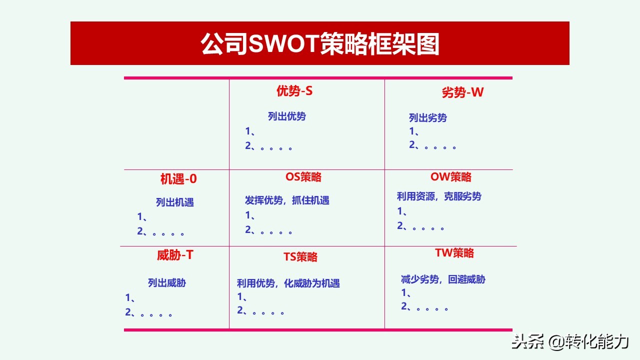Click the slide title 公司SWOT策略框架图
coord(320,44)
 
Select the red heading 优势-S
coord(294,91)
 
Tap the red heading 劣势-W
coord(462,92)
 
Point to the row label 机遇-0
coord(178,179)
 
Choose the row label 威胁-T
coord(175,255)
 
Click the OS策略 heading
coord(303,177)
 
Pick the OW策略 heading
coord(451,177)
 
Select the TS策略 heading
coord(300,257)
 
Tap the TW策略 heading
coord(454,253)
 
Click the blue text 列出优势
coord(287,116)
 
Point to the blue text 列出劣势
coord(428,118)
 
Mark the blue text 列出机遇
coord(175,202)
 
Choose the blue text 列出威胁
coord(167,283)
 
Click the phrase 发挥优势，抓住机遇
coord(287,200)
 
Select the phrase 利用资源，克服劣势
coord(439,196)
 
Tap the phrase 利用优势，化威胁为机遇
coord(288,283)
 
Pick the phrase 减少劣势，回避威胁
coord(443,279)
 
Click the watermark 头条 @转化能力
coord(569,342)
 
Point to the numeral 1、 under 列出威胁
coord(130,298)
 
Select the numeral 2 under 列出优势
coord(248,146)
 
